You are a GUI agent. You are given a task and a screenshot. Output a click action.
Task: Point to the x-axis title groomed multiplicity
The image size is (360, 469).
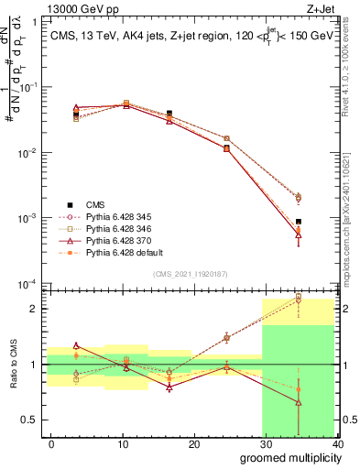click(x=287, y=458)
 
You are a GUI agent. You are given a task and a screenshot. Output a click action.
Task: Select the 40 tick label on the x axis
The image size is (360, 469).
click(x=338, y=444)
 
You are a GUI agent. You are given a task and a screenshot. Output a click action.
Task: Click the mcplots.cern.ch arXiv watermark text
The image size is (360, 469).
click(x=352, y=211)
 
